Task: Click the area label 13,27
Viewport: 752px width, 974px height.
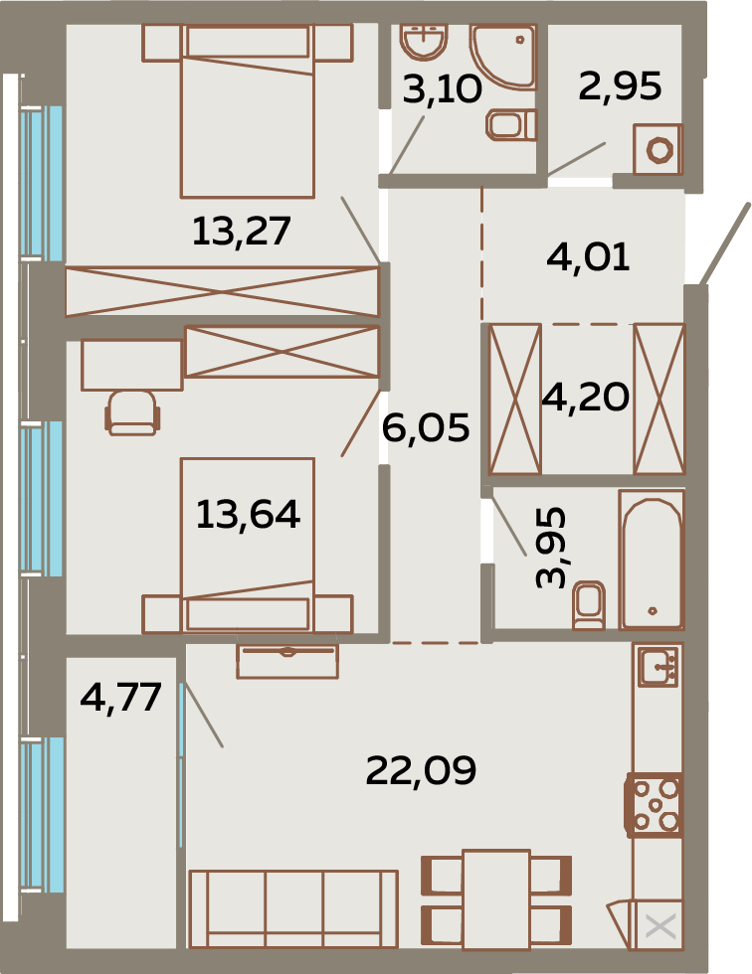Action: [x=241, y=231]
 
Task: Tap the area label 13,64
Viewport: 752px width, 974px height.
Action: [x=248, y=515]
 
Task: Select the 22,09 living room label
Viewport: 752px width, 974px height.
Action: [x=422, y=771]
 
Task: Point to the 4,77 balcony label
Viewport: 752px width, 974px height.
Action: [x=121, y=698]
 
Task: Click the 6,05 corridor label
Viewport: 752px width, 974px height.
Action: [x=426, y=428]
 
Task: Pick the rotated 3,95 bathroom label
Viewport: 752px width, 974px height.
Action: [x=551, y=548]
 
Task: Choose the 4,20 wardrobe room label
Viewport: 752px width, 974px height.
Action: [x=586, y=397]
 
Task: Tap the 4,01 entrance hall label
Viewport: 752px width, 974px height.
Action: [x=588, y=256]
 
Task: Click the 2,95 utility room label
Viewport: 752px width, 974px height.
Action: [x=620, y=85]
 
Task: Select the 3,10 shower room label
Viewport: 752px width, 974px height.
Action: [x=442, y=88]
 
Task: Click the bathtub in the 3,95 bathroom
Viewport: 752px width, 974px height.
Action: [x=652, y=560]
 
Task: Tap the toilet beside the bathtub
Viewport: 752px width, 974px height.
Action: [x=589, y=605]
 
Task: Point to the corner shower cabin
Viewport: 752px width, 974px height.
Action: [x=504, y=56]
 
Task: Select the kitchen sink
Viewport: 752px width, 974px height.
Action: [x=658, y=665]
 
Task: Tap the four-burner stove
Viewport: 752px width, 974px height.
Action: [x=655, y=804]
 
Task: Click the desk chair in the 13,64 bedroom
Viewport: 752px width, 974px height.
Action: [x=132, y=412]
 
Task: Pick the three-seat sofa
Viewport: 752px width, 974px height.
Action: [x=293, y=909]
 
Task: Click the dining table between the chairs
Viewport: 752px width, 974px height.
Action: [x=496, y=899]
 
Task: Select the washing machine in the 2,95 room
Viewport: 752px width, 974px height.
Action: [x=658, y=150]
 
